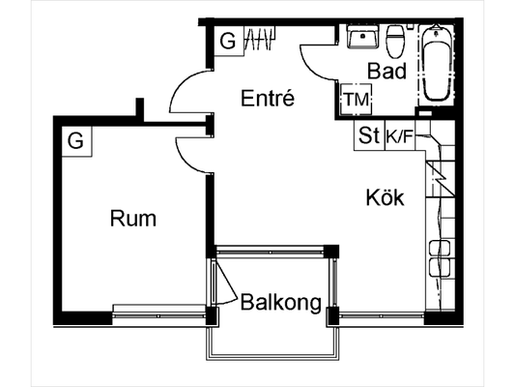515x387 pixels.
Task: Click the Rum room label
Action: [x=133, y=219]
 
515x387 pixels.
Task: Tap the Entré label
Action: [x=268, y=98]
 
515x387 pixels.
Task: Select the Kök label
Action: [x=385, y=197]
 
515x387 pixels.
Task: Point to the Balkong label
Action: [x=281, y=303]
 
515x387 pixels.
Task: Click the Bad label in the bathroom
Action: [x=386, y=71]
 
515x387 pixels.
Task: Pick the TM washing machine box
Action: [x=356, y=100]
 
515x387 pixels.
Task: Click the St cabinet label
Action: [x=369, y=135]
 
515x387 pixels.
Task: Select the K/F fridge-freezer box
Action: [x=400, y=135]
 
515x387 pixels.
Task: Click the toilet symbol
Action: [x=396, y=42]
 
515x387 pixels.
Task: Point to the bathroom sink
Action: [x=362, y=36]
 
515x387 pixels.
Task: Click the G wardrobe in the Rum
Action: [x=76, y=141]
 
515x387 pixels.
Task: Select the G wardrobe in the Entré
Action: [x=229, y=42]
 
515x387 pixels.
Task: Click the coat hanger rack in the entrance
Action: [x=260, y=39]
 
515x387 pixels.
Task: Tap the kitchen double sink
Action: [x=440, y=258]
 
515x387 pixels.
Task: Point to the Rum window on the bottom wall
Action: [x=159, y=315]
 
